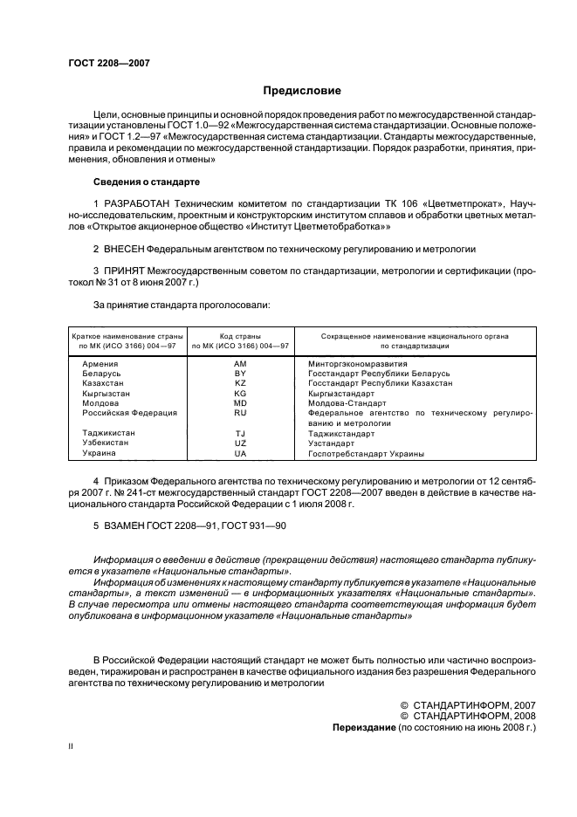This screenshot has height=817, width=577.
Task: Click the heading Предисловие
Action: point(302,91)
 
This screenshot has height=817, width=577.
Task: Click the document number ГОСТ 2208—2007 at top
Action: point(108,63)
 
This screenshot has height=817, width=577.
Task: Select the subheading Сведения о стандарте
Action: point(147,182)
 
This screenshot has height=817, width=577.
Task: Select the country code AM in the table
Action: point(240,362)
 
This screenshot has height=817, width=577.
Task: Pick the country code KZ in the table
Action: point(240,383)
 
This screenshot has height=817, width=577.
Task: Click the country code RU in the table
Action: point(240,413)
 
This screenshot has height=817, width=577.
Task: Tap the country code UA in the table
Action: point(240,454)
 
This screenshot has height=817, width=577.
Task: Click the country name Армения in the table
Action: point(100,362)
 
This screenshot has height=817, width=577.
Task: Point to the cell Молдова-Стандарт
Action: point(347,403)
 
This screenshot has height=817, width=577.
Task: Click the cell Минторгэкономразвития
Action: point(358,362)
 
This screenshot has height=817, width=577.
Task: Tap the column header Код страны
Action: point(240,336)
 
